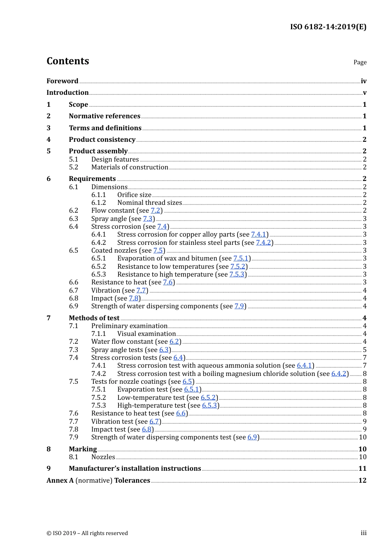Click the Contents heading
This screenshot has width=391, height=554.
[x=67, y=61]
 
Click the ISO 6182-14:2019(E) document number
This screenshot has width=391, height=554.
[x=328, y=27]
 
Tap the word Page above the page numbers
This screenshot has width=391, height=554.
[x=360, y=62]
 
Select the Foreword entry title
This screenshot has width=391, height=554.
[x=62, y=81]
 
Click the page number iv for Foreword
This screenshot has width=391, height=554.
[x=363, y=81]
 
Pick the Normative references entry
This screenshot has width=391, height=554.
[x=105, y=116]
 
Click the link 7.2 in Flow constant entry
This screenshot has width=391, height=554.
[x=155, y=211]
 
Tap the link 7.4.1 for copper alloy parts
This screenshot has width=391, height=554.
[x=258, y=235]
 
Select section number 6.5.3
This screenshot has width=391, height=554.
[x=98, y=275]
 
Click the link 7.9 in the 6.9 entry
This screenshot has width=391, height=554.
[x=239, y=306]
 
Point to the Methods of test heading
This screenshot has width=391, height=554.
[x=94, y=318]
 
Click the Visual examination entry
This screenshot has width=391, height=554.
[x=147, y=334]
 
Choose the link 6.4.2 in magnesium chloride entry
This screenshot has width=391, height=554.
[x=339, y=374]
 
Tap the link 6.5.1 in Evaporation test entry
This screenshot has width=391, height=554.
[x=191, y=390]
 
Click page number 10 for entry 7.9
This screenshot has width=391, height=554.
[x=363, y=437]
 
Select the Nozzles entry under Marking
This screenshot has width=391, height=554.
[x=103, y=457]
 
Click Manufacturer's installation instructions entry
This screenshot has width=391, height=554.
[x=135, y=469]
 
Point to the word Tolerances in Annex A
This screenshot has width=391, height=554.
[x=132, y=481]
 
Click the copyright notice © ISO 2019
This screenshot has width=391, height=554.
[x=87, y=533]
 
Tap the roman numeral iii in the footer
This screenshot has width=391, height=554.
[x=363, y=533]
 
